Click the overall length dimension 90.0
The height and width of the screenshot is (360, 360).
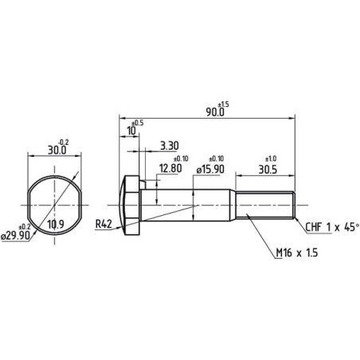(215, 112)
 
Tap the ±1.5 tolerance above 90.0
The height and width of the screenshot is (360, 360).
(223, 104)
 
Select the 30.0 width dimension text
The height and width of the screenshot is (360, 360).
(57, 151)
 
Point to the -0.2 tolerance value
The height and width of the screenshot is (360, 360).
(63, 143)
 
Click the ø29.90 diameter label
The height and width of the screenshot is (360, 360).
(16, 236)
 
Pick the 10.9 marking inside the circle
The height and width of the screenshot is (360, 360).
(56, 225)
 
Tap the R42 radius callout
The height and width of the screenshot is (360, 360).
(104, 225)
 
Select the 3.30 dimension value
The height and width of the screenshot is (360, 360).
(170, 146)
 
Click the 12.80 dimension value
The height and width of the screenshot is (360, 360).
(170, 168)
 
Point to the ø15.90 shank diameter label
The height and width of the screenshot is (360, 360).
(210, 169)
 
